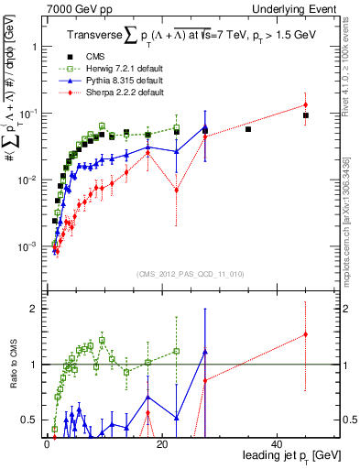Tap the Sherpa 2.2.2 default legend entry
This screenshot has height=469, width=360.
[116, 93]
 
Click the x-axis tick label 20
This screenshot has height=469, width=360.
[162, 444]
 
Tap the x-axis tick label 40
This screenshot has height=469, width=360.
[278, 444]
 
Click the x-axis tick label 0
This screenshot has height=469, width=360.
[47, 444]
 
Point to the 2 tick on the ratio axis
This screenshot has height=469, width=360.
[34, 309]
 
